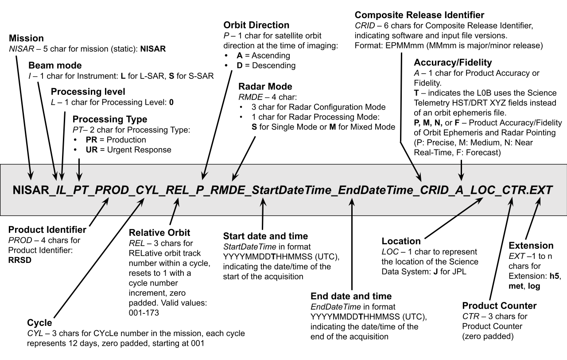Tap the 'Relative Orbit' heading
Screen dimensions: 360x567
pyautogui.click(x=159, y=233)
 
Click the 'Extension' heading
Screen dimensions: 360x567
pyautogui.click(x=531, y=245)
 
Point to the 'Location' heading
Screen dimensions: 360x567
pyautogui.click(x=401, y=242)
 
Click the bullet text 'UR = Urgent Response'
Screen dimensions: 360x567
pyautogui.click(x=128, y=149)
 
